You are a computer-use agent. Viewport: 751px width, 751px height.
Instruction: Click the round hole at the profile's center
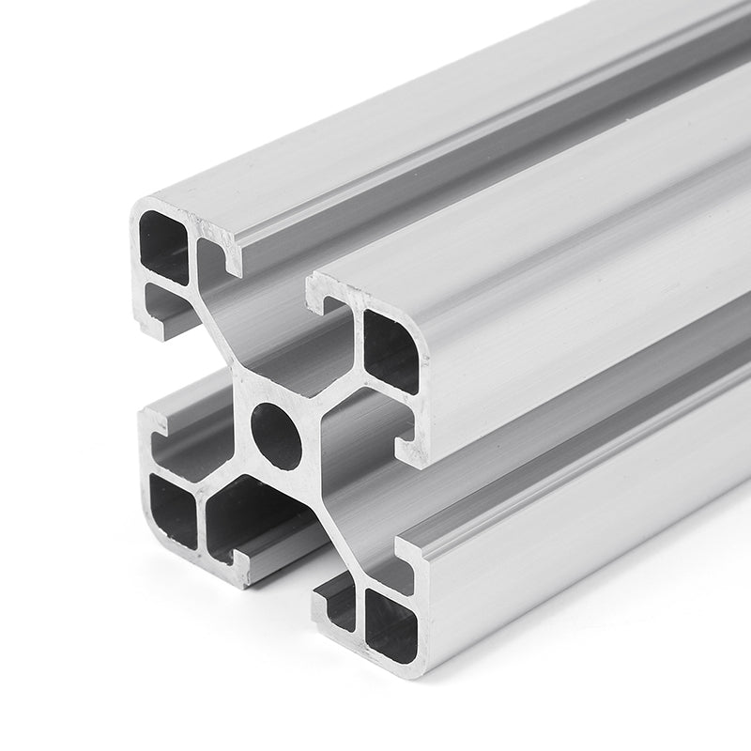(278, 436)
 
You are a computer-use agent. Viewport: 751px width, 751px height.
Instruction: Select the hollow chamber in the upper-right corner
(391, 350)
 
